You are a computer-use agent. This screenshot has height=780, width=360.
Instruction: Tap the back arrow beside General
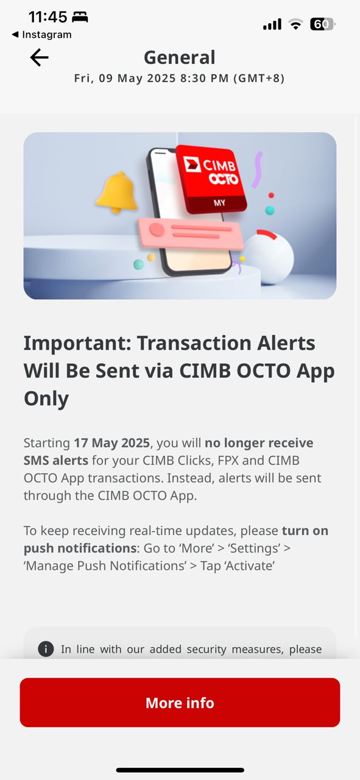39,57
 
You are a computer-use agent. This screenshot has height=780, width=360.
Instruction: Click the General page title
180,57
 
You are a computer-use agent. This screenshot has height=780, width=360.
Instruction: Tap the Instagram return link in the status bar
42,35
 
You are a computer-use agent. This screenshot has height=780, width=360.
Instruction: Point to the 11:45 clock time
48,16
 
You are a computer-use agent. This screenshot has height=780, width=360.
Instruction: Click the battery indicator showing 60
322,24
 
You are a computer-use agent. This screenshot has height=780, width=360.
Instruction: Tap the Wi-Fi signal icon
295,24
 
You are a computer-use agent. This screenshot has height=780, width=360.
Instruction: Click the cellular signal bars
272,24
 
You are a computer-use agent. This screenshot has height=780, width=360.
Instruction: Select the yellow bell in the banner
116,192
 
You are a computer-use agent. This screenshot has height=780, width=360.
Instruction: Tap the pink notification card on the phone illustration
191,233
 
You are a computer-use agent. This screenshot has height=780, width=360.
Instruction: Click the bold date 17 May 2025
111,443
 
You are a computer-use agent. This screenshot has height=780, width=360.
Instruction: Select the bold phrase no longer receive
259,443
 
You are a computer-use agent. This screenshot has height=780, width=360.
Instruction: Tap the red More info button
180,703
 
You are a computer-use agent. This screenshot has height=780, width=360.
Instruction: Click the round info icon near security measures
46,649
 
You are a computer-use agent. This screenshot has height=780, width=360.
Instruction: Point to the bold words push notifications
80,548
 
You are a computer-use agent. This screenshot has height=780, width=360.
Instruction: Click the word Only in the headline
46,399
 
